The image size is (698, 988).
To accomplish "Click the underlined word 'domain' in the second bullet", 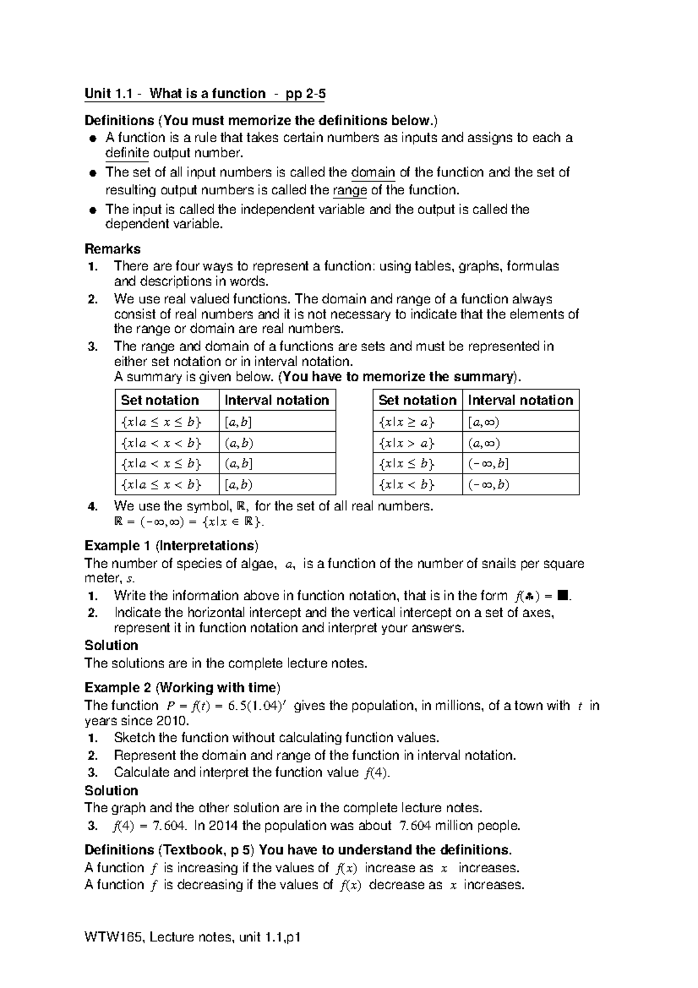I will click(373, 173).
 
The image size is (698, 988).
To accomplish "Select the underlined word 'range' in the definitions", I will click(349, 190).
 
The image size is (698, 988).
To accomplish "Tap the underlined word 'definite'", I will click(127, 153).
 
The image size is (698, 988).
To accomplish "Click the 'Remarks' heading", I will click(112, 249).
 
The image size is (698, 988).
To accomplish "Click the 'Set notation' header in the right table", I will click(417, 400).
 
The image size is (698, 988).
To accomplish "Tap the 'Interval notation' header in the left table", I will click(277, 400).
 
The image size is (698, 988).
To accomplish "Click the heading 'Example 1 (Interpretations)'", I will click(172, 546).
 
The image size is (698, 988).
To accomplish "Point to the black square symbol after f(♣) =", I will click(561, 595).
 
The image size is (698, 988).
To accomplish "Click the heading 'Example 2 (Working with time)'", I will click(182, 688).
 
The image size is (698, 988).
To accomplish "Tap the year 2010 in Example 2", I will click(172, 720).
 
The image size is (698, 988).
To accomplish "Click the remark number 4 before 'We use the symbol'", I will click(91, 506).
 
